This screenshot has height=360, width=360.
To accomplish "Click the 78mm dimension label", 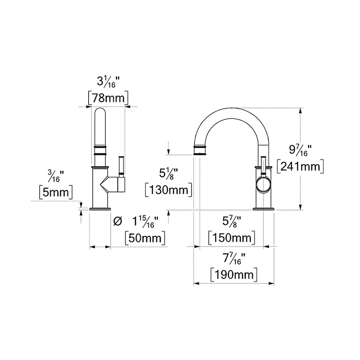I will pyautogui.click(x=108, y=97).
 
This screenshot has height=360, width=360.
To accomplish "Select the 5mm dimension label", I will pyautogui.click(x=56, y=193).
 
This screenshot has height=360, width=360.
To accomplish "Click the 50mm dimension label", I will pyautogui.click(x=145, y=237).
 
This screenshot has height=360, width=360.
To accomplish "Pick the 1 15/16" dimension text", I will pyautogui.click(x=147, y=221).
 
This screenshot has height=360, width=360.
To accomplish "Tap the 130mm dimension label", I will pyautogui.click(x=169, y=189).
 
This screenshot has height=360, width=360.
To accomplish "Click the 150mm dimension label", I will pyautogui.click(x=232, y=237).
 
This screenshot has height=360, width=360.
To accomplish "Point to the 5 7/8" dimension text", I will pyautogui.click(x=232, y=221).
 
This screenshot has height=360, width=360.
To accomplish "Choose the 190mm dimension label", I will pyautogui.click(x=234, y=274).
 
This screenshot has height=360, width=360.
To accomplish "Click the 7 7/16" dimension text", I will pyautogui.click(x=234, y=258).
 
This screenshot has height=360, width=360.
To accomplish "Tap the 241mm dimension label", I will pyautogui.click(x=300, y=166).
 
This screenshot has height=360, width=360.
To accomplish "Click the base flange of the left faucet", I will pyautogui.click(x=100, y=208).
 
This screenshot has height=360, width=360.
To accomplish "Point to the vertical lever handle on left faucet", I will pyautogui.click(x=120, y=166).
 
